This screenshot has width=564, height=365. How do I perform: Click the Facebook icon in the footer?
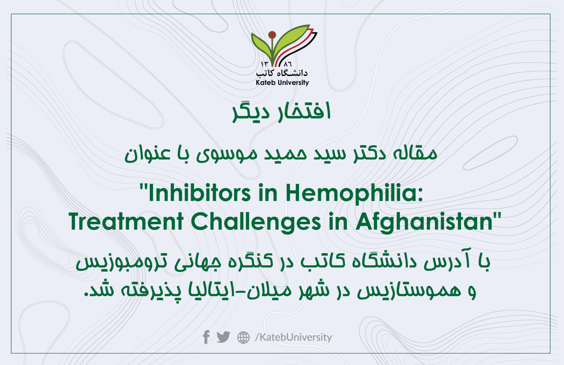[x=206, y=337]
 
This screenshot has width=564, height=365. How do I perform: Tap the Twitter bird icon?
[x=223, y=337]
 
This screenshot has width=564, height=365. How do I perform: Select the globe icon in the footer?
[x=243, y=337]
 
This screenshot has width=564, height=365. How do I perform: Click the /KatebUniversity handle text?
[x=294, y=337]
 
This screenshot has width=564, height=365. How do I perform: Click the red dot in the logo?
[x=272, y=35]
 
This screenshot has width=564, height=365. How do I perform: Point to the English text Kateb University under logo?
[x=282, y=82]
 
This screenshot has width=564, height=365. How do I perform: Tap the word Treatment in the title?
[x=126, y=222]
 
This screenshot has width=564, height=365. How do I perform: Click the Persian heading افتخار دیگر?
[x=281, y=112]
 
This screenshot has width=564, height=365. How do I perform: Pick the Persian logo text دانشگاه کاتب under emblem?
[x=282, y=73]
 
